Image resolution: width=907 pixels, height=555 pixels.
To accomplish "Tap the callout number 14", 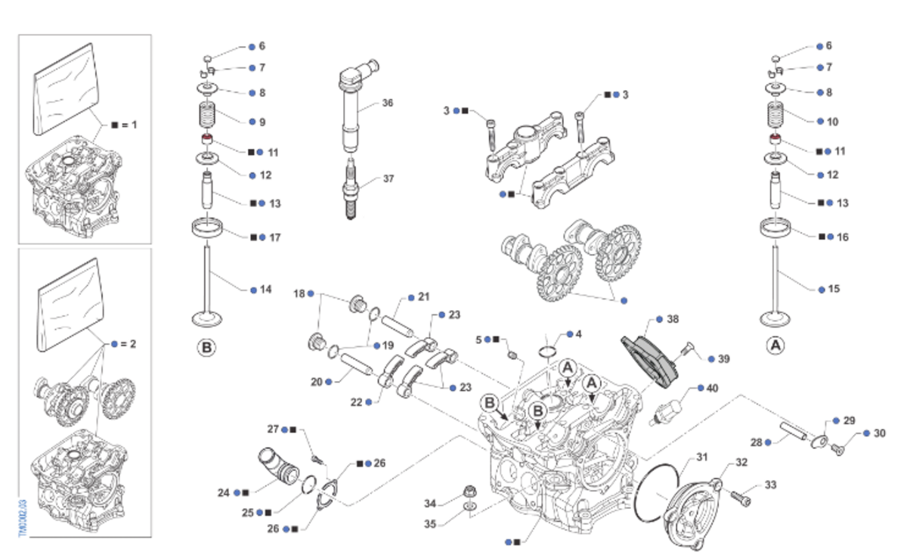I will click(x=265, y=290).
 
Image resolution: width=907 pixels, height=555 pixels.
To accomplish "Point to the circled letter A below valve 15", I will click(x=775, y=346).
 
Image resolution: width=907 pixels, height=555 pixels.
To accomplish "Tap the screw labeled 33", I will click(x=741, y=498).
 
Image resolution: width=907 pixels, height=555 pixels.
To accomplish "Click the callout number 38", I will click(x=673, y=319).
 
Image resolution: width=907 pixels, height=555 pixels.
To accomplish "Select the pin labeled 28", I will click(x=798, y=432).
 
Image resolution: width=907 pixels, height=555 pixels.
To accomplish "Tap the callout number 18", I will click(x=299, y=293).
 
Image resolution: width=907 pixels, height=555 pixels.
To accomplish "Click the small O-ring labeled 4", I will click(x=550, y=350).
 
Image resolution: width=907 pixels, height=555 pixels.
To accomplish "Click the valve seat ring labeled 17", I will click(x=209, y=226).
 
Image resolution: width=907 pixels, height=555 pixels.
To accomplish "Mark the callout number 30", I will click(x=879, y=433).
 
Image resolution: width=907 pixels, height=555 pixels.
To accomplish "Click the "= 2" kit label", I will click(x=128, y=343).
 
